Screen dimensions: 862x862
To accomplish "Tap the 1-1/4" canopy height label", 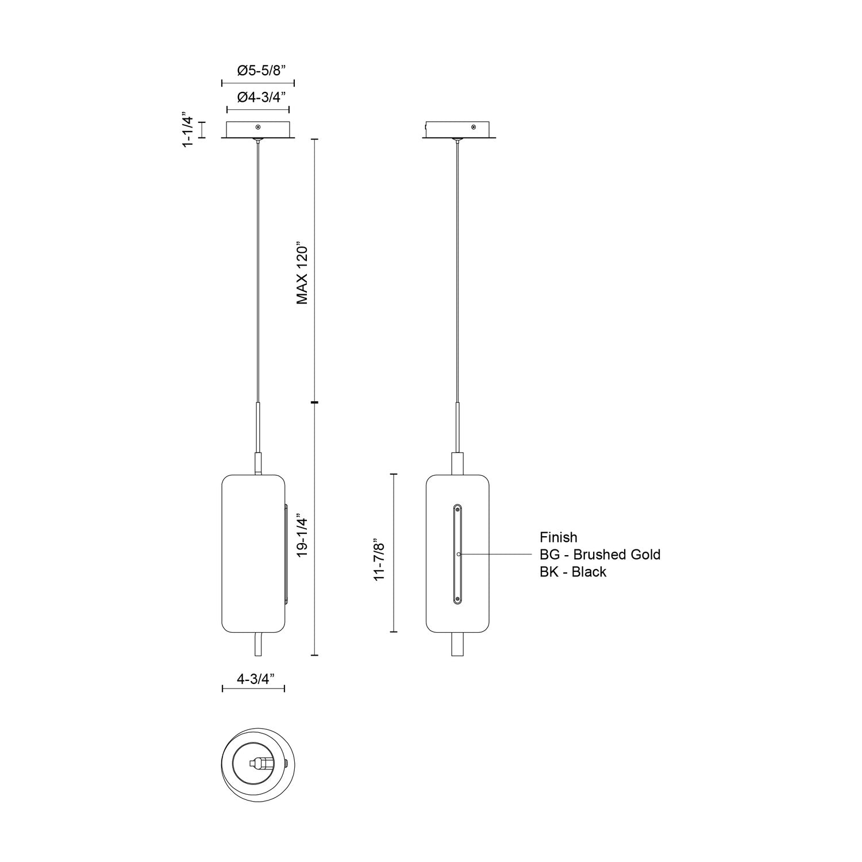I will (x=188, y=130).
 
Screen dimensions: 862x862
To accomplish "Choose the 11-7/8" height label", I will (x=379, y=559).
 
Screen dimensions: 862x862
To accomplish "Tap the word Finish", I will (x=558, y=537).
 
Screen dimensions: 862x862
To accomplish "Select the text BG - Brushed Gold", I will (x=599, y=555).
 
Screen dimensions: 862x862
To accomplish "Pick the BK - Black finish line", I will (x=572, y=572).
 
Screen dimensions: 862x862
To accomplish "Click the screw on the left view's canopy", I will (x=258, y=126).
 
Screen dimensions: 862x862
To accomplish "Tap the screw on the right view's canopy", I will (x=473, y=126).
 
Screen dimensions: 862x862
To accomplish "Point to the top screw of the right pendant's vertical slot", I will (x=457, y=509).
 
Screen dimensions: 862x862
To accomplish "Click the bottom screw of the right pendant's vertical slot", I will (x=457, y=599).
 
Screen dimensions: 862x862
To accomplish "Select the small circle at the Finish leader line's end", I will (x=458, y=554).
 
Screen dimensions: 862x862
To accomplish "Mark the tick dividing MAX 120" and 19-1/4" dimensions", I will (x=314, y=402).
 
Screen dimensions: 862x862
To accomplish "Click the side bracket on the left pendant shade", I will (x=286, y=554).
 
